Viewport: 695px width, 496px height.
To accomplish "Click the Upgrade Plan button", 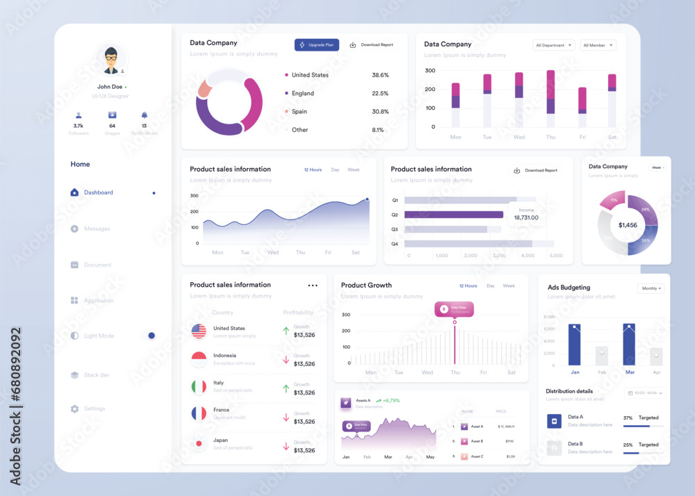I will tap(316, 44).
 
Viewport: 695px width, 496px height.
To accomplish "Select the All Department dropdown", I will tap(554, 45).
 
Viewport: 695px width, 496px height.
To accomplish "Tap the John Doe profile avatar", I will tap(111, 60).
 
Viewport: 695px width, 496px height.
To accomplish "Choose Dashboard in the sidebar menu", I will tap(98, 192).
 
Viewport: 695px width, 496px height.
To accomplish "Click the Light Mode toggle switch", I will tap(149, 336).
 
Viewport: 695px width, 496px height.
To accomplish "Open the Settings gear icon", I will tap(74, 408).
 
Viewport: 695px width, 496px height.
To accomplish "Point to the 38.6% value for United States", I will tap(380, 75).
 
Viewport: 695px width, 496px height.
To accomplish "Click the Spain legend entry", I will tap(299, 112).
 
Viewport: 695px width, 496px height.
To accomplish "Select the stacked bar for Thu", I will tap(550, 98).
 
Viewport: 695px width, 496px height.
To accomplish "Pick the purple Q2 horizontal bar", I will tap(453, 215).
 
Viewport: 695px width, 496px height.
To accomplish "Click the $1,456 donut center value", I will tap(628, 225).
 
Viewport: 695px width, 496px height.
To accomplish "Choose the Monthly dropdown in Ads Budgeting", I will tap(651, 288).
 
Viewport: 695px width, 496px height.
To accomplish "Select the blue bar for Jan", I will tap(575, 345).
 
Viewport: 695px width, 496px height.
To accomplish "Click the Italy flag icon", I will tap(199, 386).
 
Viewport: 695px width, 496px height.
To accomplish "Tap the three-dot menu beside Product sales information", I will tap(313, 286).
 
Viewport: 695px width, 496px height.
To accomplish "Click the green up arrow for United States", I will tap(286, 331).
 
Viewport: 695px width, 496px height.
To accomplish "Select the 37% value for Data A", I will tap(628, 418).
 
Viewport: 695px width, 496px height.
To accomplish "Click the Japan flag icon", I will tap(199, 443).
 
